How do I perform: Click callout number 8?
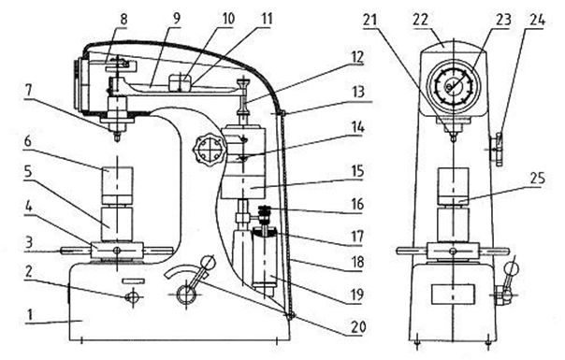point(123,19)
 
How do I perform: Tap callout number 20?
point(358,327)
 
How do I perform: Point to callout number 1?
point(30,314)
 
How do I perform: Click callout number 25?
point(537,178)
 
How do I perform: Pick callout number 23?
point(503,19)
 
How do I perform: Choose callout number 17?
point(357,237)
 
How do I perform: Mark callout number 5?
point(28,172)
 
